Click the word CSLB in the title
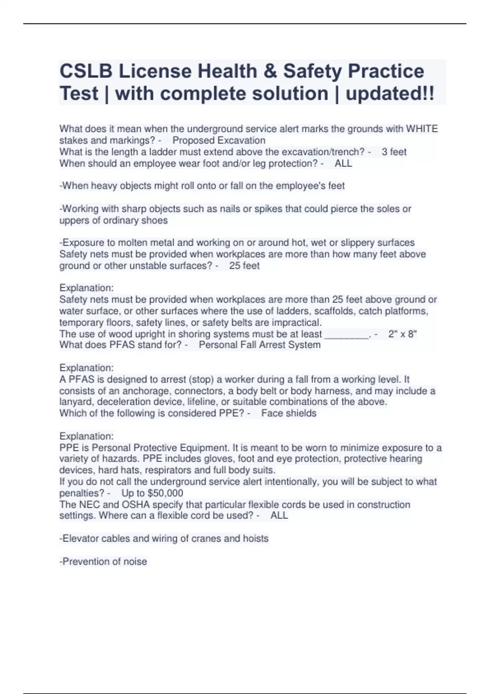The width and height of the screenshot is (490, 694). (x=86, y=71)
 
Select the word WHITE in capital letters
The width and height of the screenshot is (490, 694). (x=421, y=129)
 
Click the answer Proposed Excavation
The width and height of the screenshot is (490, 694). (x=219, y=140)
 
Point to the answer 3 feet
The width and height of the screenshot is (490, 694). (x=394, y=152)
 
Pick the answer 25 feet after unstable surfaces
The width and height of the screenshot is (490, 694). (x=244, y=266)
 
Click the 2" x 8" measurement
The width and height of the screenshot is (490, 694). (x=403, y=334)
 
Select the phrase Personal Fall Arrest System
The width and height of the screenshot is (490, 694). (x=260, y=345)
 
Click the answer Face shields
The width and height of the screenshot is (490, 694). (x=289, y=413)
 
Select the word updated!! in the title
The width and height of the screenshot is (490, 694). (x=390, y=93)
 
